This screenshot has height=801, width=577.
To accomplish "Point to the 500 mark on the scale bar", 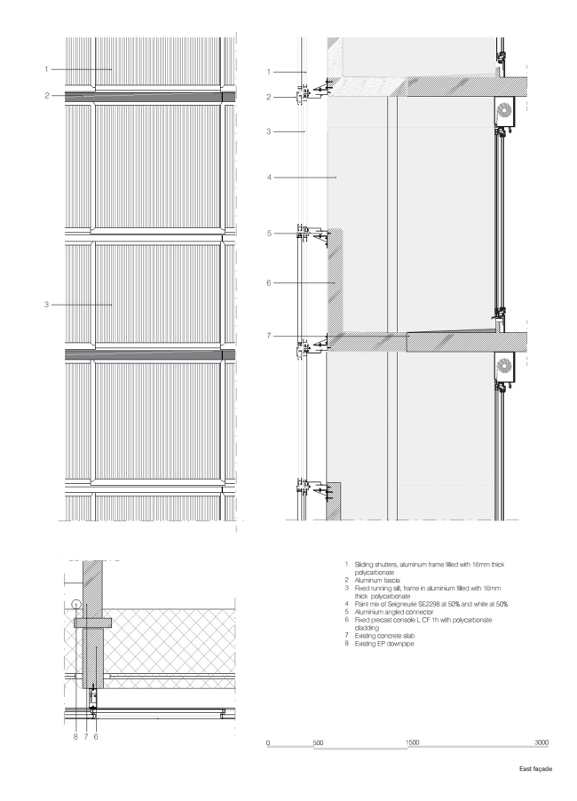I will [318, 741].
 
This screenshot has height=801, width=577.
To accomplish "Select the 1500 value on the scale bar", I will [412, 741].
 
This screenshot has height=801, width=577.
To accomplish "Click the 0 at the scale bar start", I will [268, 741].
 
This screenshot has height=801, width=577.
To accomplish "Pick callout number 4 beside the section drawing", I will [268, 178].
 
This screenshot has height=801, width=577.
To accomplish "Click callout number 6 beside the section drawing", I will [268, 283].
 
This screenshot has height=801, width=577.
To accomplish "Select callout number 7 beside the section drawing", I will [268, 337].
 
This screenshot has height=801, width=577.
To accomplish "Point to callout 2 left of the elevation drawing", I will [46, 94].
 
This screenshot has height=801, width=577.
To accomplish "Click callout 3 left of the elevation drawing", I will [46, 305].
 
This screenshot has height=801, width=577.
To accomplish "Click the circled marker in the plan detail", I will [76, 605].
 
